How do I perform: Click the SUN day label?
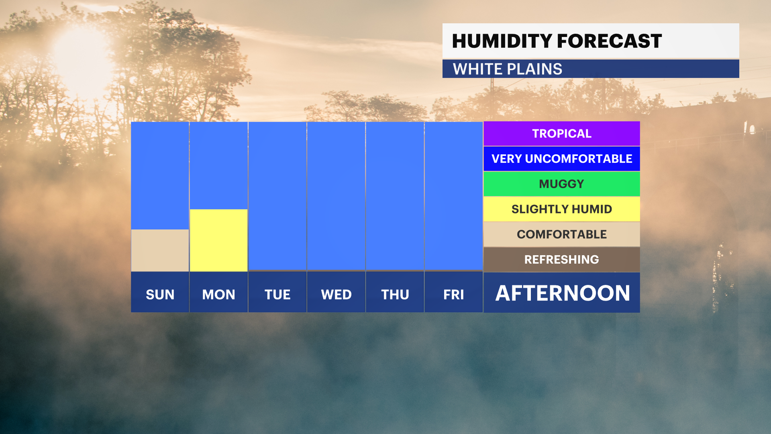click(160, 295)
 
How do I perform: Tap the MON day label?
click(218, 295)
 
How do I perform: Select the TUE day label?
click(277, 295)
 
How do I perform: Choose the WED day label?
click(336, 295)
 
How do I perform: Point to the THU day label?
click(395, 295)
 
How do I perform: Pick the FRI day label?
click(453, 295)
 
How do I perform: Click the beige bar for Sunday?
click(160, 250)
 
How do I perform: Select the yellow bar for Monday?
click(218, 240)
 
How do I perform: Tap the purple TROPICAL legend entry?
click(561, 133)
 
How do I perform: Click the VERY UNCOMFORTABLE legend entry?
click(561, 159)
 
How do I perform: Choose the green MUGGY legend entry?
click(561, 184)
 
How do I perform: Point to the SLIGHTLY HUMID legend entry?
click(561, 209)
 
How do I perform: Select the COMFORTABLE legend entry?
click(561, 234)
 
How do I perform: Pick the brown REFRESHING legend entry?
click(561, 260)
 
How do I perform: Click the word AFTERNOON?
click(563, 293)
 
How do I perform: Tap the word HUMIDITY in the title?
click(502, 41)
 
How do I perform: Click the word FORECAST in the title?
click(610, 41)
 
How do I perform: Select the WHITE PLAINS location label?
click(508, 69)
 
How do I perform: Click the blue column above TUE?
click(277, 196)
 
